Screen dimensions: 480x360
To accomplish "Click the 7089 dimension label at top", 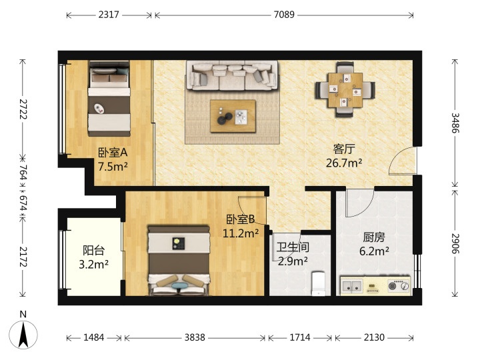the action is pos(284,15).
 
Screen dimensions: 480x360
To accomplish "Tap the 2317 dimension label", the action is pos(109,15).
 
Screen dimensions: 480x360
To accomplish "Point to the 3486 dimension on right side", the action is pos(455,123).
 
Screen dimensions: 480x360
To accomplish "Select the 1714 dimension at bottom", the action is pos(300,337).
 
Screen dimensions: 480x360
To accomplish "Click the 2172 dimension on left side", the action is pos(23,257).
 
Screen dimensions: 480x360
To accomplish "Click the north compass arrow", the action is pos(23,335).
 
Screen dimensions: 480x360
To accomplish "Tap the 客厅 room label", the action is pos(344,149).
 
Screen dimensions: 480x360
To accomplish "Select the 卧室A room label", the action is pos(113,153).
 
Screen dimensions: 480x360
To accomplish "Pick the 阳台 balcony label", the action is pos(94,251).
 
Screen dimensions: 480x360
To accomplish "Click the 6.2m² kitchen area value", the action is pos(374,251).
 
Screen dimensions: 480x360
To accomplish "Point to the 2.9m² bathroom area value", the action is pos(293,261).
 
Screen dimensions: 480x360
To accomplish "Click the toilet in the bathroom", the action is pos(319,283).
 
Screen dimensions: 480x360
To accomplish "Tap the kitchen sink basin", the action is pos(352,286).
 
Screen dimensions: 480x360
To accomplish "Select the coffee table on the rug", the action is pos(233,116).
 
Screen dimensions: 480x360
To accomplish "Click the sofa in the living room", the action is pos(232,75).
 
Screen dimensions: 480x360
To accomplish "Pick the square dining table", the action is pos(345,90).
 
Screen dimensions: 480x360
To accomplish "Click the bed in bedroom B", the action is pos(179,261).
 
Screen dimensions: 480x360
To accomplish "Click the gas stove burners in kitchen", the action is pos(399,286).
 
